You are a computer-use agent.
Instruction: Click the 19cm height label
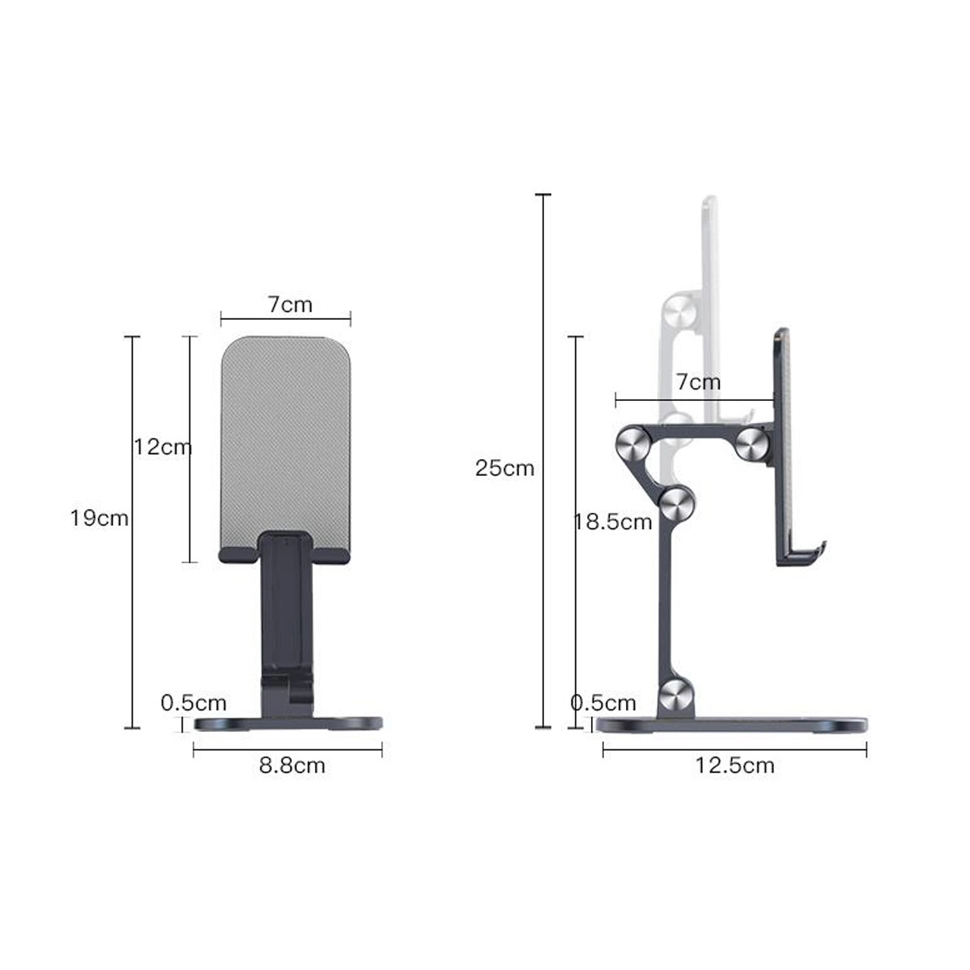[x=99, y=518]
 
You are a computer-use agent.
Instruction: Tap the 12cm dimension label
[x=163, y=446]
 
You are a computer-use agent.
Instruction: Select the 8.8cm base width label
[x=292, y=765]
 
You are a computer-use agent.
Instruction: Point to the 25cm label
[x=505, y=468]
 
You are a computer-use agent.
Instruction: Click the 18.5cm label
[x=613, y=522]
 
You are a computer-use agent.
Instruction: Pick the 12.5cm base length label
[x=734, y=765]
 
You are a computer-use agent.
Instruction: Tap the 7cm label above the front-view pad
[x=289, y=304]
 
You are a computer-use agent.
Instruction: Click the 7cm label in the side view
[x=698, y=382]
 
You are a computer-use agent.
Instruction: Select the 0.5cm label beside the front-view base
[x=194, y=703]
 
